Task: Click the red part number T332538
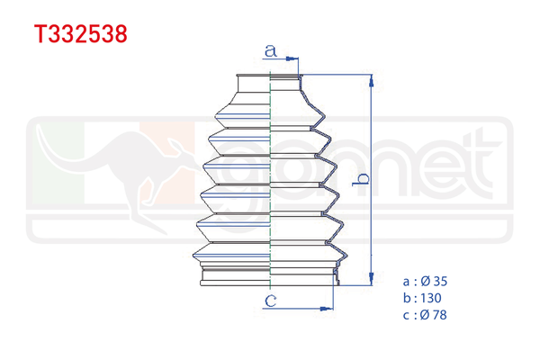[80, 35]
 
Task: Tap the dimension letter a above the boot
[270, 51]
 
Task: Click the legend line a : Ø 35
[427, 282]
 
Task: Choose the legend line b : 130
[423, 298]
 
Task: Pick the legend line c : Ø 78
[427, 315]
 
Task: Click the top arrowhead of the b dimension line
[370, 81]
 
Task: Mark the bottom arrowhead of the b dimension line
[370, 280]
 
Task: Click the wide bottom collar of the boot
[270, 274]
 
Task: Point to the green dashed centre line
[271, 180]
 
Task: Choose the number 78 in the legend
[439, 315]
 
